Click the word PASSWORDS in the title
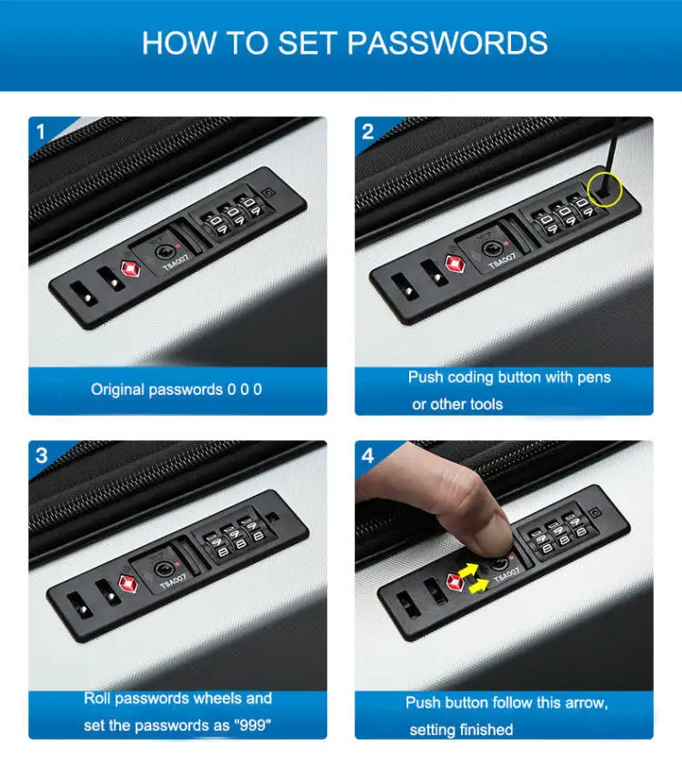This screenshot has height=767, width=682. (447, 43)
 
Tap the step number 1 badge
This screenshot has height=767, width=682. (41, 132)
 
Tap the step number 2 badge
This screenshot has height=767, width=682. (367, 132)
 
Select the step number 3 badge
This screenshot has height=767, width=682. (42, 456)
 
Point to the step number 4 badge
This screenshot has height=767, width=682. (367, 456)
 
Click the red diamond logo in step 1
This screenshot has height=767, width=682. (130, 269)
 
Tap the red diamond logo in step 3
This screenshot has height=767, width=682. (128, 583)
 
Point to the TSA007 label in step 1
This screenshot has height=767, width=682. (176, 262)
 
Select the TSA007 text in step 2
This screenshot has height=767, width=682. (503, 260)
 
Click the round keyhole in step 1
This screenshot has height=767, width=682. (164, 252)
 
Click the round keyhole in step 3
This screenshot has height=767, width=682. (163, 569)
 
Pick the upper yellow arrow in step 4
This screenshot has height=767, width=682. (468, 570)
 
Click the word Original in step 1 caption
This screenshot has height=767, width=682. (117, 389)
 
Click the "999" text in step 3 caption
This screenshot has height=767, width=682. (252, 724)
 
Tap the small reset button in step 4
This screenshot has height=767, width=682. (595, 512)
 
